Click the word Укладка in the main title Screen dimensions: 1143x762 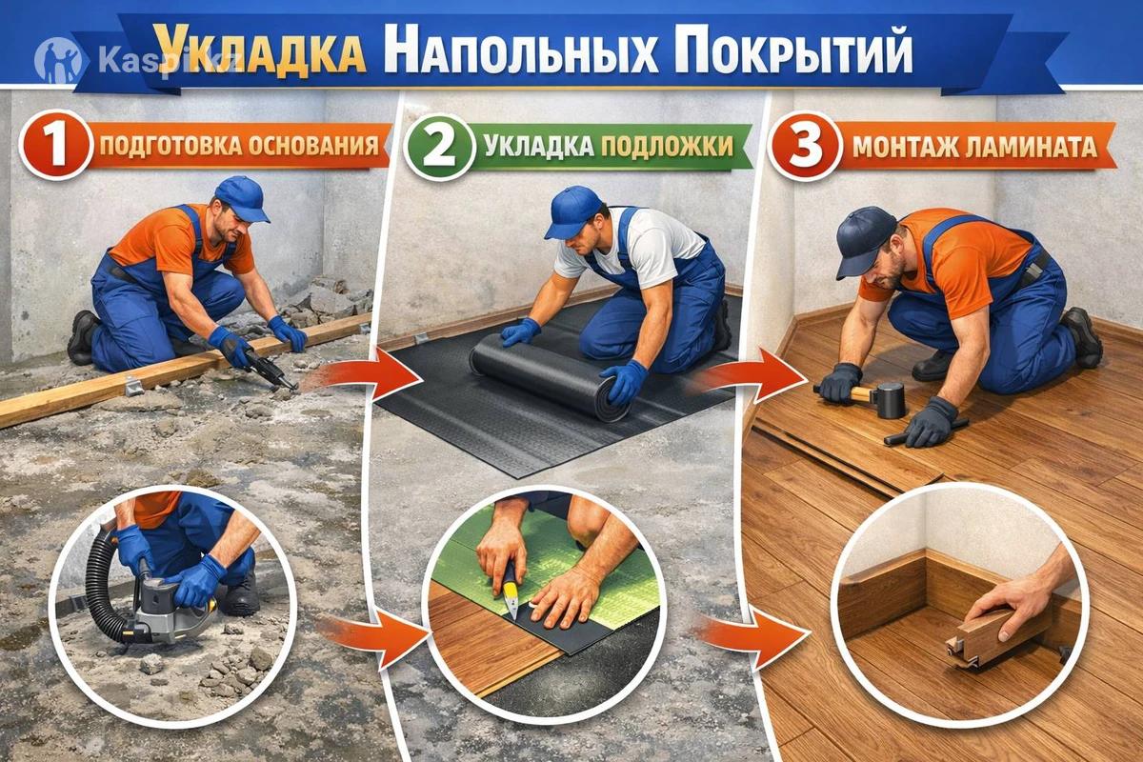(260, 50)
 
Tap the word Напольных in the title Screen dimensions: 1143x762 (526, 52)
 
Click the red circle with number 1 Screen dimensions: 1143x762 (56, 145)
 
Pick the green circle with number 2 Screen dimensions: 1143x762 (440, 147)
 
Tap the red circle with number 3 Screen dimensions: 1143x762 (805, 147)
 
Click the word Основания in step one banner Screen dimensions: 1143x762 (313, 147)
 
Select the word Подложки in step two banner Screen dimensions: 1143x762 (667, 147)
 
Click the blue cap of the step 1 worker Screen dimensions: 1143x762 (241, 198)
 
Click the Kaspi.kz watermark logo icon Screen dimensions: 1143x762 (59, 60)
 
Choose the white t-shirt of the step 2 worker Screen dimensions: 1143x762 (633, 241)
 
